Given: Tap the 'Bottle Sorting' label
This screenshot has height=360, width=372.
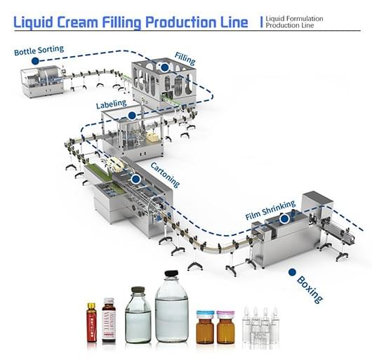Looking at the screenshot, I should coord(38,50).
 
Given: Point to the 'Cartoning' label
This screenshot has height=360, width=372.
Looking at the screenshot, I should coord(165,174).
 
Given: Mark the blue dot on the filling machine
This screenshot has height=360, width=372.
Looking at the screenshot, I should coord(165,67).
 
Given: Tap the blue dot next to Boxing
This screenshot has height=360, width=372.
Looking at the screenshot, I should coord(290,271).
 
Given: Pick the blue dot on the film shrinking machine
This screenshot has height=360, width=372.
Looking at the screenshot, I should coord(284,218).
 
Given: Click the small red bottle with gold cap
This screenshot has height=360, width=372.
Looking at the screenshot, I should coord(91,324).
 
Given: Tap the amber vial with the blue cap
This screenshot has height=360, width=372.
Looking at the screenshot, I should coord(204,326).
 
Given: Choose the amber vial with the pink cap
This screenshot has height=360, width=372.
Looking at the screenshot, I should coord(225,326).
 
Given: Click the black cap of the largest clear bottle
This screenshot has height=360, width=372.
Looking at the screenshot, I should coord(171,274).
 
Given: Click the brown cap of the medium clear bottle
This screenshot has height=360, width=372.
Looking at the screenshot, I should coord(138,289).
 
